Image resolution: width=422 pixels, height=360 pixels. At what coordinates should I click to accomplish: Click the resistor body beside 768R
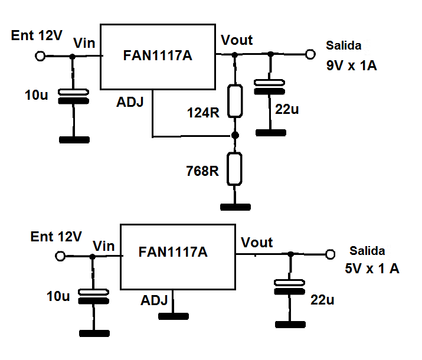click(x=235, y=169)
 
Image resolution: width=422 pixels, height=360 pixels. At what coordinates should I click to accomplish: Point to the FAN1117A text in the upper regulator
click(x=158, y=56)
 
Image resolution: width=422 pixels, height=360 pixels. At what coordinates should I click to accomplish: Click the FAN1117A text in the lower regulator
click(x=173, y=252)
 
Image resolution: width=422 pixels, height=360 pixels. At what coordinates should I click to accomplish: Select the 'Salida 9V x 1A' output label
click(x=351, y=56)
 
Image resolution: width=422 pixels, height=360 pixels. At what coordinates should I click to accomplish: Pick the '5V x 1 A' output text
click(x=372, y=269)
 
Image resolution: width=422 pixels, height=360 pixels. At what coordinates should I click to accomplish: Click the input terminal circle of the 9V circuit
click(x=40, y=56)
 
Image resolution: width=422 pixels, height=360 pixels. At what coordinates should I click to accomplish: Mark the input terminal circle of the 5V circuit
click(x=60, y=257)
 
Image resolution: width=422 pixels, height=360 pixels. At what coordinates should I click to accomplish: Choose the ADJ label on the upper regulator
click(x=130, y=103)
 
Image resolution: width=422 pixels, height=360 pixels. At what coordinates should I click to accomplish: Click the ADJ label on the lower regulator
click(x=155, y=300)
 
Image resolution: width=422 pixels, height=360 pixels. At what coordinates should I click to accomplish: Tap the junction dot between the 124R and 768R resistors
click(x=235, y=135)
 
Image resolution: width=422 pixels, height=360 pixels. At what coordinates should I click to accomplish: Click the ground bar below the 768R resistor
click(x=235, y=207)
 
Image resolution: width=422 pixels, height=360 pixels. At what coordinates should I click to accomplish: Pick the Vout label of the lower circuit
click(x=257, y=243)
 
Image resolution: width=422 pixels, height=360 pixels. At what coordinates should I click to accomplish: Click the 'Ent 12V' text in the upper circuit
click(x=37, y=36)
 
